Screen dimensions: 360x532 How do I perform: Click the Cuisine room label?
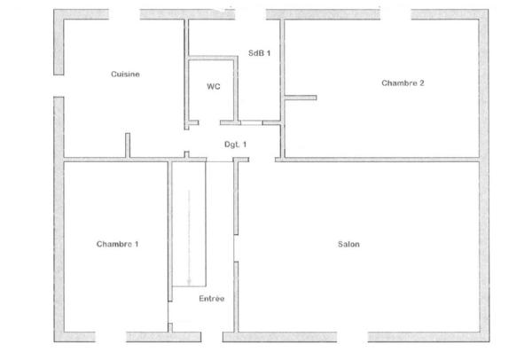click(x=126, y=74)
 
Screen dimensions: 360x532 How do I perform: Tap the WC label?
click(x=213, y=87)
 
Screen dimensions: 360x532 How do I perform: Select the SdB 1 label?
click(x=260, y=52)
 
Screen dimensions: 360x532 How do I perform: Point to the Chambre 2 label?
click(x=403, y=83)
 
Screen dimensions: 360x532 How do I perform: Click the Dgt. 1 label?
click(x=235, y=144)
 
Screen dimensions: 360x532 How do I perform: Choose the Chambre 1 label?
click(x=117, y=245)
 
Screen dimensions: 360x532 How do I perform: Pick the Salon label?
click(x=348, y=245)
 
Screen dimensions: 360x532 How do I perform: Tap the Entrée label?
click(x=211, y=300)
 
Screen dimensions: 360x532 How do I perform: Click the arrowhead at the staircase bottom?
click(x=189, y=281)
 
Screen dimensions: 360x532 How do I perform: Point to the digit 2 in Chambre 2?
click(x=421, y=83)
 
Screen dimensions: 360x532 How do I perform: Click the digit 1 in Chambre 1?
click(x=137, y=245)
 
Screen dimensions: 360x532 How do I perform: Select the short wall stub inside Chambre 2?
click(x=300, y=97)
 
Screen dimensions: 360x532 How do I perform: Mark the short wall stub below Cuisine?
click(x=128, y=146)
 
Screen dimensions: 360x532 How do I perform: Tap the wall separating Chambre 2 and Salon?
click(x=381, y=160)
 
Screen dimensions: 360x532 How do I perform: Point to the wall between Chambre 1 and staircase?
click(x=169, y=231)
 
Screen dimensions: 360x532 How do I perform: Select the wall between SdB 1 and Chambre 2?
click(x=282, y=62)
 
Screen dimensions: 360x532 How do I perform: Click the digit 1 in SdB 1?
click(x=269, y=52)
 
